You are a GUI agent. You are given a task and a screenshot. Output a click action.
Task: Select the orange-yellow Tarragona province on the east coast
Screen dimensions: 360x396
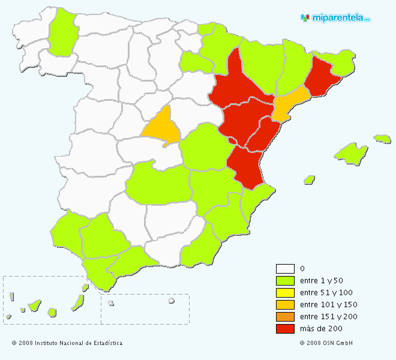point(289,103)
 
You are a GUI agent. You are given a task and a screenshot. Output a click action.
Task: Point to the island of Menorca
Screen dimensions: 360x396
point(382,139)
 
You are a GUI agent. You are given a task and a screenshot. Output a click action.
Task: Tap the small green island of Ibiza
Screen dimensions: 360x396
point(310,179)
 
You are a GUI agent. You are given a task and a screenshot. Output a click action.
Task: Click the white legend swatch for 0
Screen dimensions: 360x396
point(285,269)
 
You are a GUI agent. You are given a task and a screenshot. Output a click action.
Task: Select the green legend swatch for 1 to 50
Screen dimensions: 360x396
point(285,281)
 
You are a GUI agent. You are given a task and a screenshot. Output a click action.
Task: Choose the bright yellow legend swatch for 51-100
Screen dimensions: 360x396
point(285,293)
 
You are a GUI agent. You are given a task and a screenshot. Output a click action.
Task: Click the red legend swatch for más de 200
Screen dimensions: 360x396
point(285,329)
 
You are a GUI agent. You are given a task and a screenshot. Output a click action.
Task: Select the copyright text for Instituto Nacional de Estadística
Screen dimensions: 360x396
point(67,343)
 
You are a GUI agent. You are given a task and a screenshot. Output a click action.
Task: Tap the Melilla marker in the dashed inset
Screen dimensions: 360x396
point(171,301)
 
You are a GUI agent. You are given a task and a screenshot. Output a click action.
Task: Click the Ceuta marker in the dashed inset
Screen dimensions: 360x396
point(111,303)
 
